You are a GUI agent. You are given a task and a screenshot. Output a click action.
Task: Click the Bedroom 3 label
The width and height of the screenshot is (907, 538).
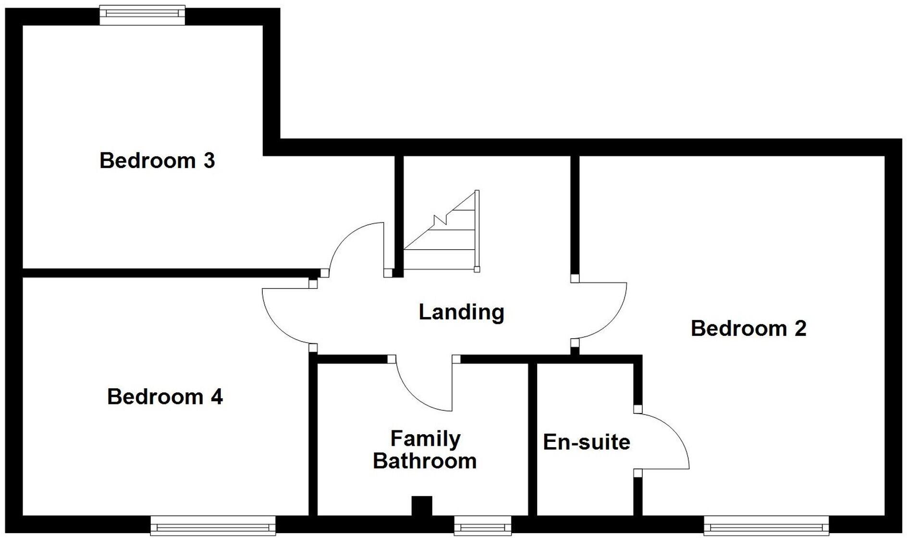tap(157, 160)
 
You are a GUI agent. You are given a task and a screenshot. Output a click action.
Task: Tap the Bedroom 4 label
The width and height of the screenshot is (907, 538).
tap(164, 397)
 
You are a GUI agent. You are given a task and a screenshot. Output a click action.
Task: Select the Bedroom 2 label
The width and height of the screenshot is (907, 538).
tap(748, 329)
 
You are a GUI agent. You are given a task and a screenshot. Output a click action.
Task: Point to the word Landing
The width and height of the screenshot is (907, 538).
tap(461, 312)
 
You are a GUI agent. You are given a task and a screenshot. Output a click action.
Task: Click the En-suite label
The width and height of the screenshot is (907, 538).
tap(586, 442)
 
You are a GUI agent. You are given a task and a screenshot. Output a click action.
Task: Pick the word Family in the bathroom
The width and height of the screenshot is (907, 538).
tap(425, 439)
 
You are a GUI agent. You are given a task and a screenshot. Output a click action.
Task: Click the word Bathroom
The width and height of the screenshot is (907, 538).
tap(425, 461)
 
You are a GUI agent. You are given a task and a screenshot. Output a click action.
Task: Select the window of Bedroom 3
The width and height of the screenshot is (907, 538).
tap(142, 15)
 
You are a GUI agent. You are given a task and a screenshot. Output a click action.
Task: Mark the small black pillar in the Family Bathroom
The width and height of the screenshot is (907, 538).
tap(422, 506)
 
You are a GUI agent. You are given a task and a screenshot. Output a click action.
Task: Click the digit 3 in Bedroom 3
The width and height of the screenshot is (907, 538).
tap(208, 160)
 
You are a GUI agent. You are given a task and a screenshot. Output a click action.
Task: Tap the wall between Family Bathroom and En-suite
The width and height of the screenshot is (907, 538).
tap(532, 437)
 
